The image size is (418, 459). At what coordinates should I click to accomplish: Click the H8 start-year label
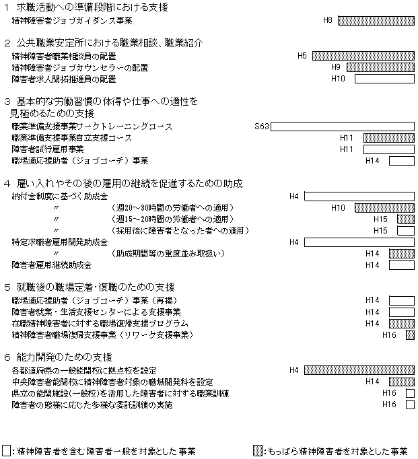pyautogui.click(x=328, y=21)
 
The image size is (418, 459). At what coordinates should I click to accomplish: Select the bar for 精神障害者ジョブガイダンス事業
pyautogui.click(x=376, y=21)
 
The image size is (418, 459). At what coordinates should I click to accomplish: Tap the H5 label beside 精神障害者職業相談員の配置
pyautogui.click(x=302, y=55)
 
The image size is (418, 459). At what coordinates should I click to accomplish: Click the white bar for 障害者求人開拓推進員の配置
pyautogui.click(x=384, y=79)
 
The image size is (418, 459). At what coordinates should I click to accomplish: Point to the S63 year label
pyautogui.click(x=262, y=127)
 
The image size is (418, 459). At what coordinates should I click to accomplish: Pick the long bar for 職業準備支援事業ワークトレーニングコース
pyautogui.click(x=343, y=127)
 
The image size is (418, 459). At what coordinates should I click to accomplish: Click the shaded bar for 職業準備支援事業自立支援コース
pyautogui.click(x=388, y=138)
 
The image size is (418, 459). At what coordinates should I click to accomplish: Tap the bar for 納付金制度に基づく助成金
pyautogui.click(x=359, y=197)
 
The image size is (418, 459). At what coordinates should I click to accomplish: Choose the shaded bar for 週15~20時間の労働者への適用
pyautogui.click(x=405, y=219)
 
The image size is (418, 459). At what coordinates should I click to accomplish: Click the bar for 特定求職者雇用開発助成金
pyautogui.click(x=359, y=242)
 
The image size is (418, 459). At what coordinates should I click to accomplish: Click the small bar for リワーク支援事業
pyautogui.click(x=410, y=334)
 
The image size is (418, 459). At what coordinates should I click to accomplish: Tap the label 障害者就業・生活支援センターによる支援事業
pyautogui.click(x=96, y=312)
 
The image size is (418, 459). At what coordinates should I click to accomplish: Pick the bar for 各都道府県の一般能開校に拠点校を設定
pyautogui.click(x=359, y=369)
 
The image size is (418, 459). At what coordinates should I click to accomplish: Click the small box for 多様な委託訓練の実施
pyautogui.click(x=410, y=404)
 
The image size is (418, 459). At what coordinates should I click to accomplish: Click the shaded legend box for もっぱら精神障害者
pyautogui.click(x=257, y=451)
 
